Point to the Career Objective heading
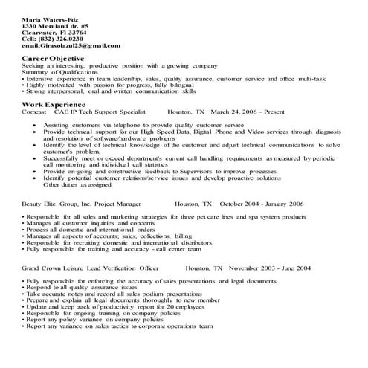pos(54,58)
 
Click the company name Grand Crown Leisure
pos(54,267)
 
